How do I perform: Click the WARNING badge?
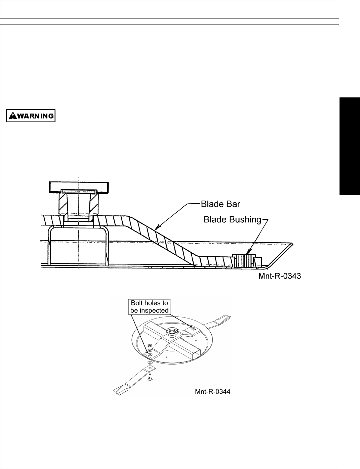tap(31, 116)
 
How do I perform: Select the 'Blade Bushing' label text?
tap(232, 220)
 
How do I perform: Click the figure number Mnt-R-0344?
tap(212, 392)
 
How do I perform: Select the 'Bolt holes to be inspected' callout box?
tap(149, 307)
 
